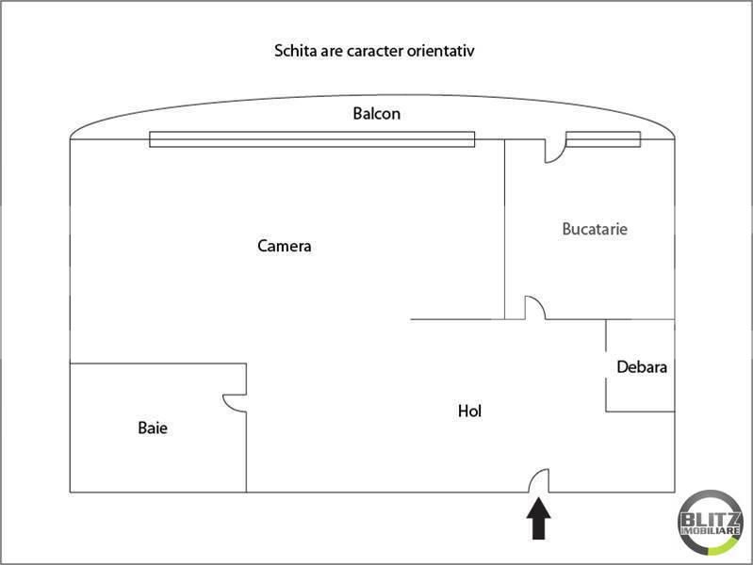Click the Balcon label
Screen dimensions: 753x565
[x=377, y=113]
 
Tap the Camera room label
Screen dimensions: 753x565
[x=285, y=246]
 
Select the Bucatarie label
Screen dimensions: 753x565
[x=595, y=229]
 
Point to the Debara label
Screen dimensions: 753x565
[x=642, y=366]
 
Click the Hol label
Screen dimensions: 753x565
[x=469, y=411]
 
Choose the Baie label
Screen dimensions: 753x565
[x=153, y=428]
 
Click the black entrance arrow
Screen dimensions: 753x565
[x=538, y=518]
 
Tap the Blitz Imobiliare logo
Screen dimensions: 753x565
[x=711, y=523]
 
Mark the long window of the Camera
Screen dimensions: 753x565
[x=312, y=139]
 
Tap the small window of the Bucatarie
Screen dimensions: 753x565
[x=603, y=139]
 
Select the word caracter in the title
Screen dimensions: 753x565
[x=375, y=51]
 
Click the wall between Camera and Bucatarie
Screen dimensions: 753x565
[x=505, y=230]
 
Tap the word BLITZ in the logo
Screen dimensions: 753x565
[x=711, y=520]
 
